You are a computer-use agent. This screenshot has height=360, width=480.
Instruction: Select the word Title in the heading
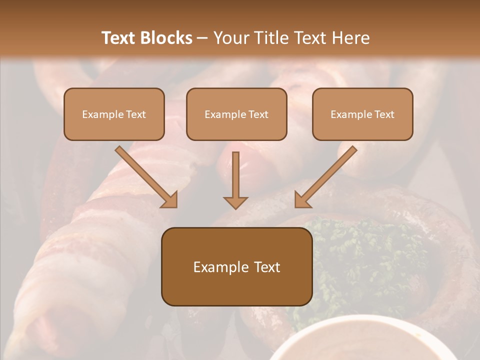(x=274, y=38)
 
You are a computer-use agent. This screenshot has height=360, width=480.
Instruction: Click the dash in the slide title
(x=202, y=38)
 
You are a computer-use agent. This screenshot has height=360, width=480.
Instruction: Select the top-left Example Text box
(x=114, y=114)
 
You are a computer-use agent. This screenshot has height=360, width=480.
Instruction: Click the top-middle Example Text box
(x=236, y=114)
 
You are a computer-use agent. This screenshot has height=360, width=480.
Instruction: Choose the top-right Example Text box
(x=362, y=114)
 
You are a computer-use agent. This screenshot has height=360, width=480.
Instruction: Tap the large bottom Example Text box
(x=237, y=266)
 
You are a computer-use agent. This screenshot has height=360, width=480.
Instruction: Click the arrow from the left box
(x=145, y=176)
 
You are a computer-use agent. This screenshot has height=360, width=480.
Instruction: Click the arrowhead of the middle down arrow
(x=235, y=202)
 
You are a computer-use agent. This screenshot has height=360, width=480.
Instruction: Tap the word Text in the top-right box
(x=384, y=114)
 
